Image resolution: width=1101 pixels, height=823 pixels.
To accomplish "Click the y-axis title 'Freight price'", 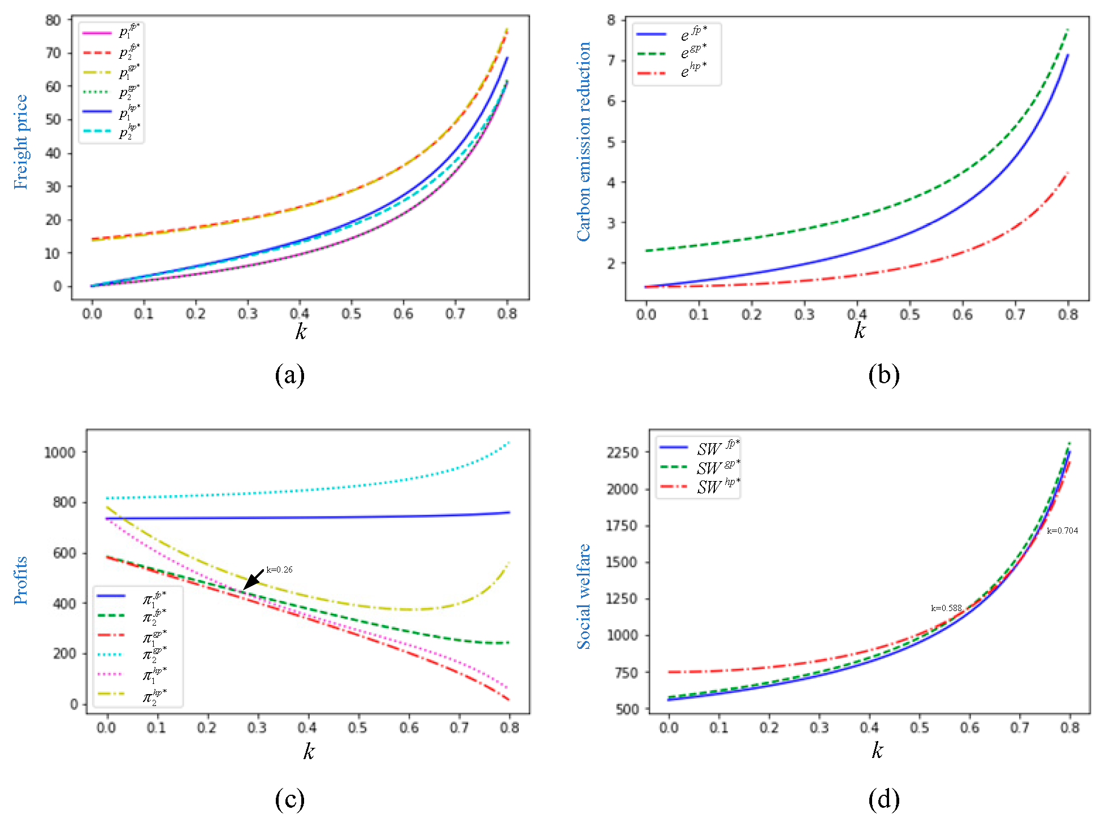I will [x=20, y=142].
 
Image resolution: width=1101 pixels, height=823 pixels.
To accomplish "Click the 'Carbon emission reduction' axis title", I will [x=583, y=142].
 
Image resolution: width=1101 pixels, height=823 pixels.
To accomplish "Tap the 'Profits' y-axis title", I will [x=20, y=580].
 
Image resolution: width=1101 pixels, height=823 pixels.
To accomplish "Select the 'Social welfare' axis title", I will [x=583, y=597].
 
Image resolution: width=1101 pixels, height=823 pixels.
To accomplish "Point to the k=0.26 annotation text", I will [x=279, y=569].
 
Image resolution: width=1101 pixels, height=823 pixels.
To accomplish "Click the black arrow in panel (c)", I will [x=253, y=580].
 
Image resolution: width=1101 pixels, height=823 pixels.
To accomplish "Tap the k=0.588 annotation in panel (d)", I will [x=946, y=608].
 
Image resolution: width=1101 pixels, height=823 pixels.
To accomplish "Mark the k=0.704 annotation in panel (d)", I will [x=1062, y=531].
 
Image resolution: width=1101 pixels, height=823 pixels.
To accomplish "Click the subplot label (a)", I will [x=289, y=375].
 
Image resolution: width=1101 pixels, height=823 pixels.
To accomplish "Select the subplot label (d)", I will [x=883, y=799].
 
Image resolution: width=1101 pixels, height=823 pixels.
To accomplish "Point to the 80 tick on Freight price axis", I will [x=53, y=20].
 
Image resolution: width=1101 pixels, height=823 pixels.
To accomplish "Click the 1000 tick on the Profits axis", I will [x=59, y=452].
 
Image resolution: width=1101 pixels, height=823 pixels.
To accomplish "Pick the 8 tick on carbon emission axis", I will [x=611, y=20].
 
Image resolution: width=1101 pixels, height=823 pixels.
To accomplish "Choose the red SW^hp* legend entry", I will [x=699, y=487].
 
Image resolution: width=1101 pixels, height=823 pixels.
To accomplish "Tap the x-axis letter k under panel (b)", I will [x=859, y=331].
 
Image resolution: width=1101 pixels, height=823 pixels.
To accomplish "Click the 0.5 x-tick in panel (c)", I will [x=357, y=727].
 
